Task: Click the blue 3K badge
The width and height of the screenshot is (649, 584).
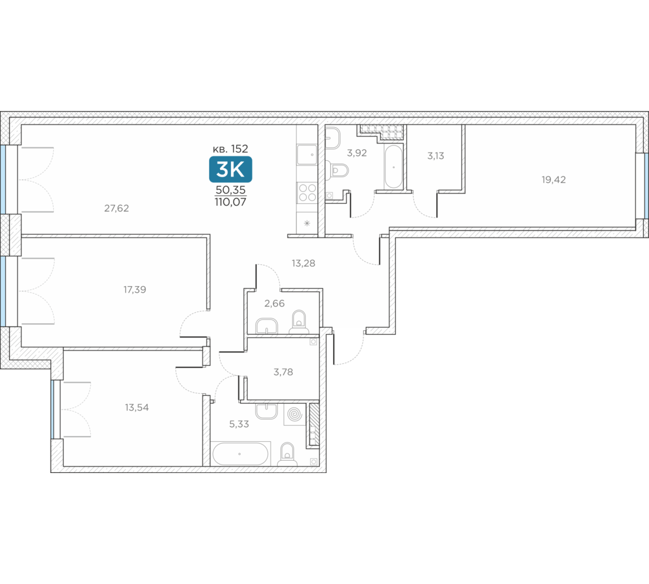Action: [x=230, y=169]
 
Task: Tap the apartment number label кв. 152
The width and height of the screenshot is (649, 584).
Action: [x=230, y=149]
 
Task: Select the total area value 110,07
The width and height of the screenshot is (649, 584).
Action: [x=230, y=202]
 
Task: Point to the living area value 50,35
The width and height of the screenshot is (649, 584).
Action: [x=230, y=190]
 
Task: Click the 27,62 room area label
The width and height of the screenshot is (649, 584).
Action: [x=116, y=208]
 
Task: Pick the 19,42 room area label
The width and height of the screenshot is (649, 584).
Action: [x=554, y=180]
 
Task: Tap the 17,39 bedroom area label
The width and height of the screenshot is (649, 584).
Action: [x=134, y=289]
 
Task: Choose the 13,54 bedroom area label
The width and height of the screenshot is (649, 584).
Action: [x=136, y=408]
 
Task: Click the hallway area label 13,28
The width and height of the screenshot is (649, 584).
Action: [x=303, y=263]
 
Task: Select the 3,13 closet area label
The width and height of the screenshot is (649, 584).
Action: [x=435, y=156]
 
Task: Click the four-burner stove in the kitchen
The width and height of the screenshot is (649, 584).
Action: [x=307, y=193]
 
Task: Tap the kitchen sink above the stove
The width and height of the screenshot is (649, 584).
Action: [x=307, y=154]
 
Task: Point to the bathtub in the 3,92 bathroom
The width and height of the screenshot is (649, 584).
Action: [x=393, y=167]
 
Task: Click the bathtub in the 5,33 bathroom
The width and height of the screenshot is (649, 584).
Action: [x=240, y=454]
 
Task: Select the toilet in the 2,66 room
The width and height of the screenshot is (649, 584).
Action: [x=299, y=322]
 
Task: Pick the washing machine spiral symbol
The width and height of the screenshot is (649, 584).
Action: [x=295, y=414]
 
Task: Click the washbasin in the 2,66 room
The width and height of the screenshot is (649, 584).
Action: [x=266, y=326]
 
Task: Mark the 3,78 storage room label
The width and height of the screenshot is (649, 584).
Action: [x=283, y=372]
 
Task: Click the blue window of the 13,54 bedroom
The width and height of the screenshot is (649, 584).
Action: [x=53, y=409]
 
